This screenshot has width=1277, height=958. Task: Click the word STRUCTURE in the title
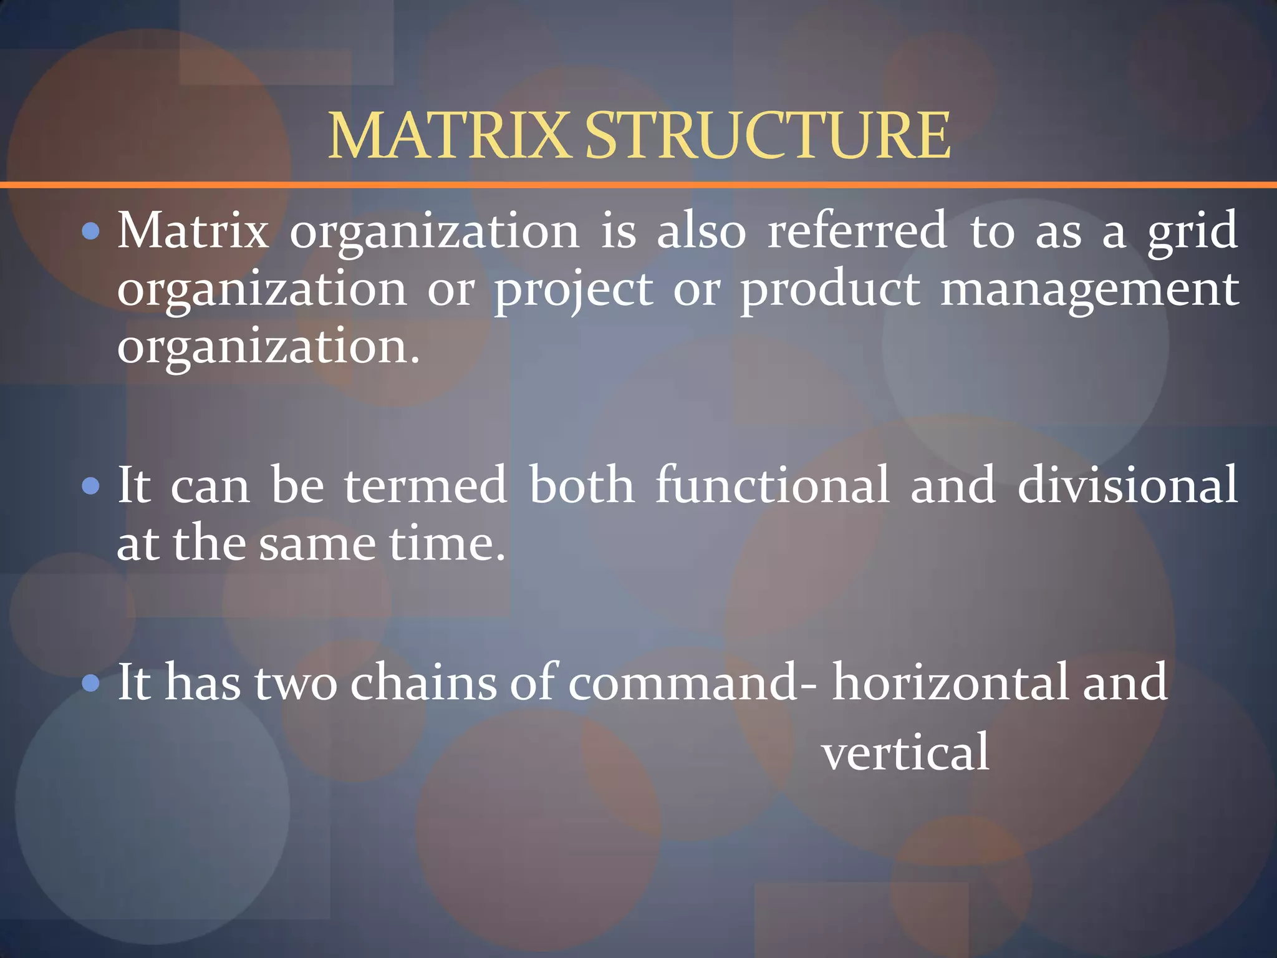(768, 135)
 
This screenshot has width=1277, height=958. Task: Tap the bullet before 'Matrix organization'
(91, 232)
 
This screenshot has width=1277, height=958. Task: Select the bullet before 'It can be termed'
(91, 486)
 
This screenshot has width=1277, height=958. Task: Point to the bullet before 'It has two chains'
(91, 684)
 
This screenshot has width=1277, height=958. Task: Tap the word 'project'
(574, 290)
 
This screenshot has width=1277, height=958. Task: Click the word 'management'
(1089, 290)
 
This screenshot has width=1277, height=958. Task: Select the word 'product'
(830, 290)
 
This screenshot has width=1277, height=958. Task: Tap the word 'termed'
(426, 485)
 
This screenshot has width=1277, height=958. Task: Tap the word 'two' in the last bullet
(296, 683)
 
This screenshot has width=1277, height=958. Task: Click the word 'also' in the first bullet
(701, 230)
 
